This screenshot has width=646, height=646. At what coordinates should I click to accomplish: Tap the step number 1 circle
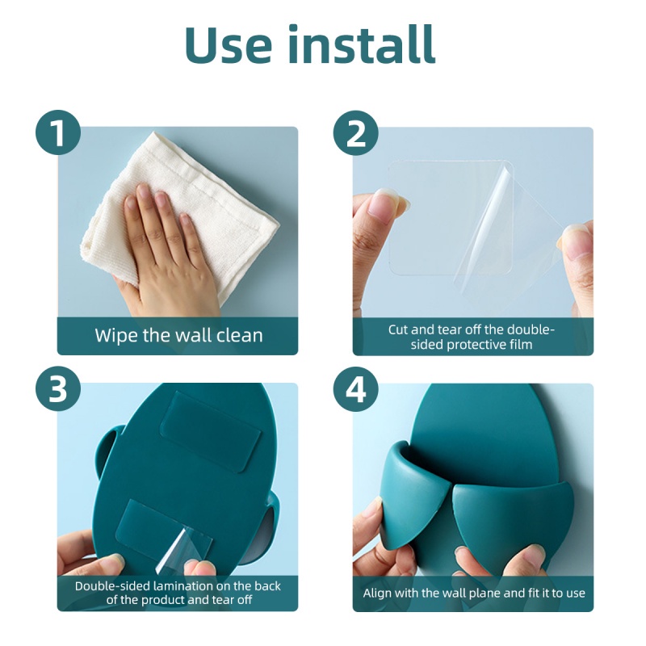click(x=58, y=132)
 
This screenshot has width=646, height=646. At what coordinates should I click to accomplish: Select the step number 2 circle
click(x=355, y=132)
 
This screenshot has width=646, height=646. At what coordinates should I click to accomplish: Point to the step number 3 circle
click(x=58, y=389)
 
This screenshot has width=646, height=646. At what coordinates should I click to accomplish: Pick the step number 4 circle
click(x=355, y=389)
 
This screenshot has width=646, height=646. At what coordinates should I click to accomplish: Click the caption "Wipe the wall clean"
click(x=178, y=335)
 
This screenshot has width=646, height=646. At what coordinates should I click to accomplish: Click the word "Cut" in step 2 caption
click(x=397, y=329)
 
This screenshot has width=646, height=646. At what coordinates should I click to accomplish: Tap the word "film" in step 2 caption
click(x=521, y=344)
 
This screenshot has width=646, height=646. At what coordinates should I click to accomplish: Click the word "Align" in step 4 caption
click(x=376, y=594)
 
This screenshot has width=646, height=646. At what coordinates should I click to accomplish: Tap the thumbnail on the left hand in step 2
click(x=382, y=205)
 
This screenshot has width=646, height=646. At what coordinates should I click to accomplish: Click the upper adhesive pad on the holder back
click(x=210, y=429)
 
